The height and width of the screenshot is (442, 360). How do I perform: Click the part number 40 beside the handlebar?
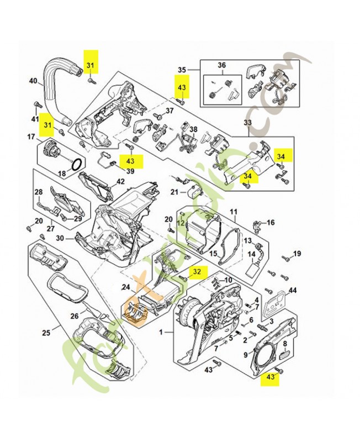coord(33,81)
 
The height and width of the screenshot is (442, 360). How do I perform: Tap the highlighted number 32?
coord(198,271)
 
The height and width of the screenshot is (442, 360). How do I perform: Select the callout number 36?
coord(221,65)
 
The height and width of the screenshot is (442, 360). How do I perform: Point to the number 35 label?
coord(182,70)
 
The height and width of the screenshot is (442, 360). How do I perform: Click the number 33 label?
coord(248,122)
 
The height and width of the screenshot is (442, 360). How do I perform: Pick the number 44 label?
coord(293,290)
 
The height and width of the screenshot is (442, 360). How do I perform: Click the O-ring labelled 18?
coord(78,164)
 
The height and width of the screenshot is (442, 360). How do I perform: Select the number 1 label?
coord(161,333)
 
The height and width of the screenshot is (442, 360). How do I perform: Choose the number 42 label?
coord(120,181)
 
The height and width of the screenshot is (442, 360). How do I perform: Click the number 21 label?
coord(174,192)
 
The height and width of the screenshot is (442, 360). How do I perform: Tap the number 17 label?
coord(31,136)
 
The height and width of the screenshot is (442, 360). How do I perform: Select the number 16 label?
coord(271,223)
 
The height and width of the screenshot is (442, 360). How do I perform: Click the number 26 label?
coord(75,316)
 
